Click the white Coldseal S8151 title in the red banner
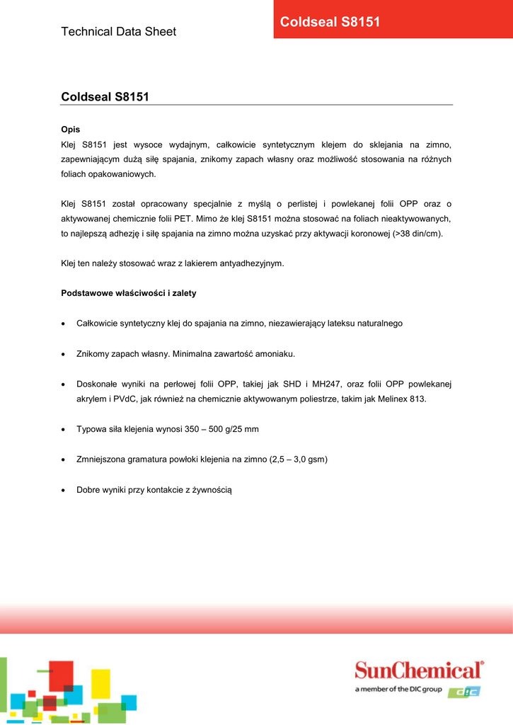pos(330,22)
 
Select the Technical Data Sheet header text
pos(119,31)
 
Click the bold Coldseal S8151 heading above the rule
pos(105,96)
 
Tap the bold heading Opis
pos(71,130)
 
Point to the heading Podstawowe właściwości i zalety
pos(129,293)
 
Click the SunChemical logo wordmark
pos(419,670)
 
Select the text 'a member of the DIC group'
pos(398,690)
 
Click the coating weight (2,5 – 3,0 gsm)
pos(298,459)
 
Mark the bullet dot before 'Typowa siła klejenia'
pos(64,430)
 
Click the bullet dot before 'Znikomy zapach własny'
pos(64,353)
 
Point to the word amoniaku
pos(275,353)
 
